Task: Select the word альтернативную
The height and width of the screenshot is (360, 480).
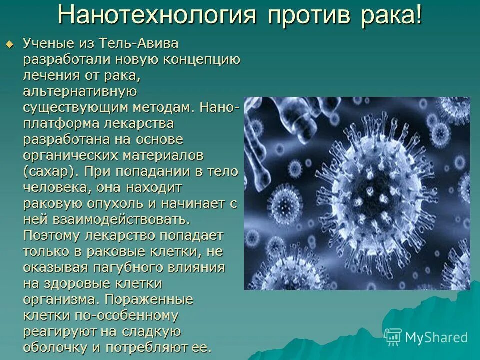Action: tap(79, 92)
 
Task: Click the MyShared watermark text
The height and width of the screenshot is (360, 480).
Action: tap(436, 337)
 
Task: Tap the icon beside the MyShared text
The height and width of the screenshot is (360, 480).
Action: tap(393, 337)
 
